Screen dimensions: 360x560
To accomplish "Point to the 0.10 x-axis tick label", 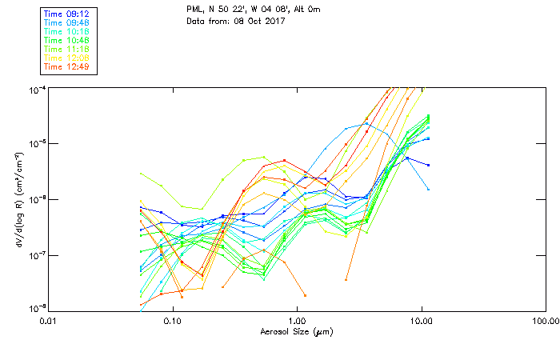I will tap(173, 321).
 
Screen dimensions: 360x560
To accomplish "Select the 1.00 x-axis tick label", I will tap(297, 321).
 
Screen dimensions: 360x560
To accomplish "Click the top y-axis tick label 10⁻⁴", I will tap(36, 88).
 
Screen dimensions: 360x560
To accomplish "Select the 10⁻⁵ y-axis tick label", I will tap(36, 143).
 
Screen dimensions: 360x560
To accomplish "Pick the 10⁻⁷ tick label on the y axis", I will tap(36, 254).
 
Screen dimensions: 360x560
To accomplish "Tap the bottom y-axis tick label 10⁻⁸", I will tap(36, 308).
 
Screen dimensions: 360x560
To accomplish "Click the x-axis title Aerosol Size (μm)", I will tap(296, 331).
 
